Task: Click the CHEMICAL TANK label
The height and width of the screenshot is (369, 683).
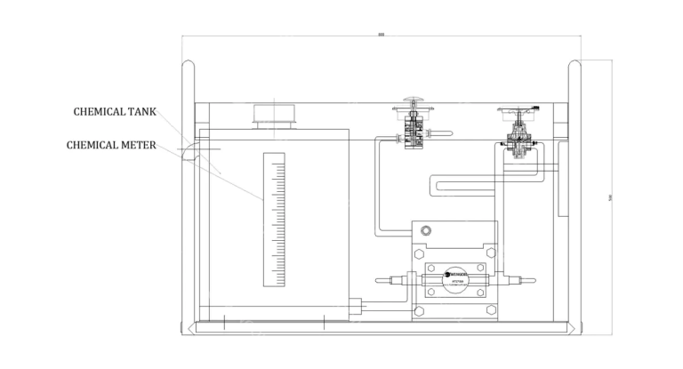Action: click(x=115, y=112)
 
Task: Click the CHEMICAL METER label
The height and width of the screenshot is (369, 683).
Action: click(x=112, y=144)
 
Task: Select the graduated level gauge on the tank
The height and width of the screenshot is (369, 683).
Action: click(x=275, y=220)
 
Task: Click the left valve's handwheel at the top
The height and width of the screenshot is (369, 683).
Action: click(x=414, y=101)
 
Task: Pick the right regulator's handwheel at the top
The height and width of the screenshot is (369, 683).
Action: click(x=517, y=110)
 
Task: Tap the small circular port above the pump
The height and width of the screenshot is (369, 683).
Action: click(x=425, y=231)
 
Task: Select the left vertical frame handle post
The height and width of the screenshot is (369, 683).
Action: click(x=189, y=196)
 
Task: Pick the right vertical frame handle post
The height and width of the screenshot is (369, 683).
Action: click(x=575, y=196)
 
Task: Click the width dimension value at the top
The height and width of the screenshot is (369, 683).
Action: click(x=382, y=34)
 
